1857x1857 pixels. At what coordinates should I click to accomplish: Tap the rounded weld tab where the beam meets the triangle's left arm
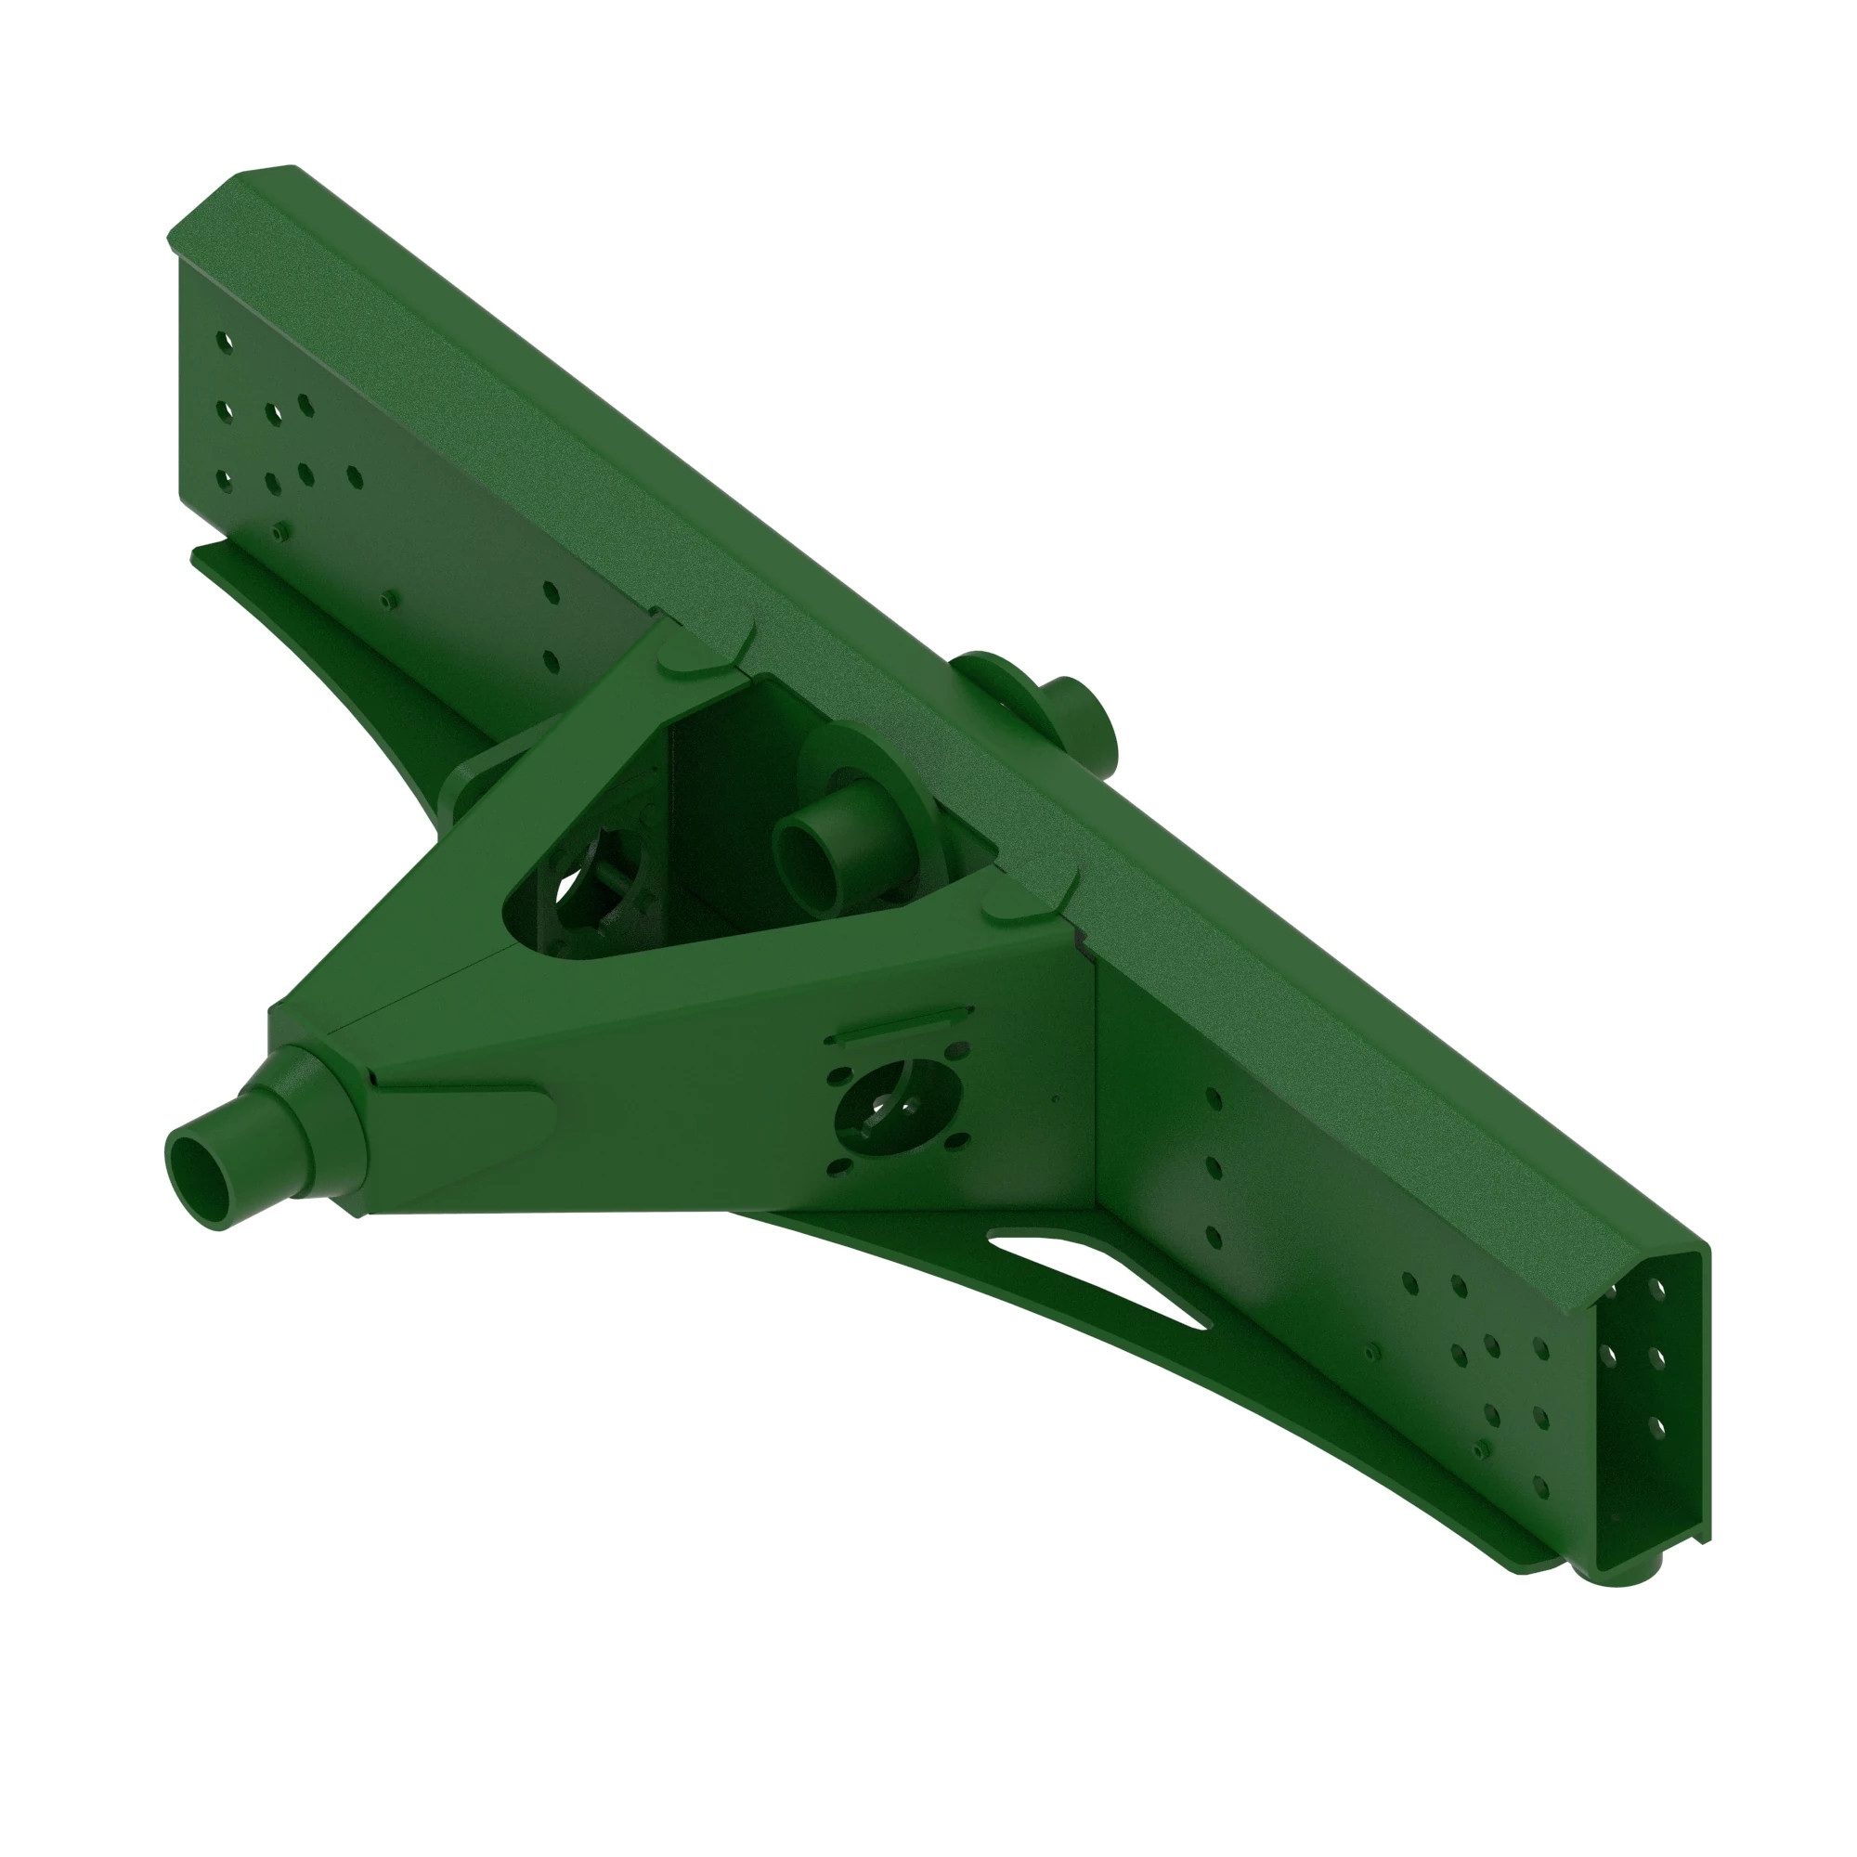690,670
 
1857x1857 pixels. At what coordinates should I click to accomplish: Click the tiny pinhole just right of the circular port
1057,1097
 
